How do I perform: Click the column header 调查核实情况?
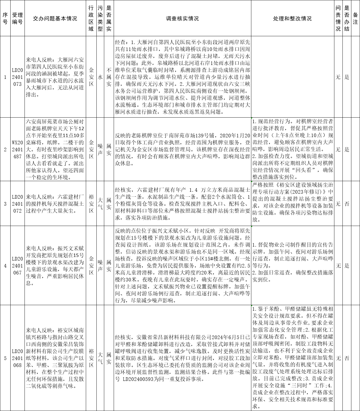click(182, 19)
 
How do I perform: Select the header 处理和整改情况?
click(292, 19)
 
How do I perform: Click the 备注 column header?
click(355, 19)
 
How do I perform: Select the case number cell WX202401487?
click(17, 149)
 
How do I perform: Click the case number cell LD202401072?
click(17, 204)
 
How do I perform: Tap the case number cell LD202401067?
click(17, 266)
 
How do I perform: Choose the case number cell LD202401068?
click(17, 358)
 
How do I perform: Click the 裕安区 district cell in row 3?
click(91, 204)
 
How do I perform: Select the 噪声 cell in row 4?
click(100, 266)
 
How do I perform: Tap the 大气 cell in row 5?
click(100, 358)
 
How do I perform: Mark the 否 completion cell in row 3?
click(347, 204)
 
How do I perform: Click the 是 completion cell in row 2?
click(347, 149)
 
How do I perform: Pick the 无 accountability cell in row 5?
click(338, 358)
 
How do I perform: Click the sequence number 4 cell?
click(5, 266)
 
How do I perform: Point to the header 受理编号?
click(17, 19)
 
